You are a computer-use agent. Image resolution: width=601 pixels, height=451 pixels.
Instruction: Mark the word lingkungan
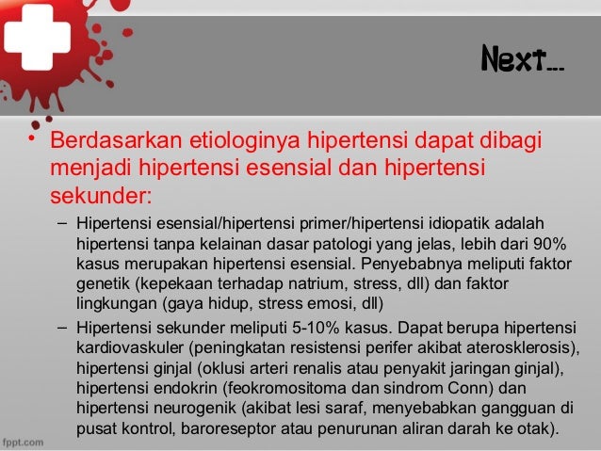pyautogui.click(x=115, y=305)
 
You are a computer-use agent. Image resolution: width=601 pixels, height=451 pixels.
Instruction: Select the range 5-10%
pyautogui.click(x=333, y=330)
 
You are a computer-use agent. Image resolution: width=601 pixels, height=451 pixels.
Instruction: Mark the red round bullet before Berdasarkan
pyautogui.click(x=31, y=141)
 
